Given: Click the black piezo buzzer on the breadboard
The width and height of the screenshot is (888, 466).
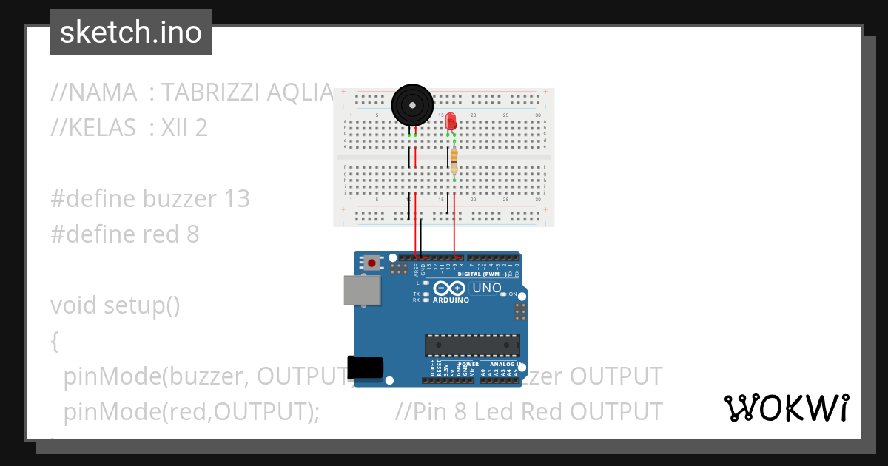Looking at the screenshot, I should pyautogui.click(x=411, y=104).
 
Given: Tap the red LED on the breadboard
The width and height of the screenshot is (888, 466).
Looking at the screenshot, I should pyautogui.click(x=451, y=124).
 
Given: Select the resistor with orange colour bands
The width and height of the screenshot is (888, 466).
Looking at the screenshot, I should pyautogui.click(x=454, y=159).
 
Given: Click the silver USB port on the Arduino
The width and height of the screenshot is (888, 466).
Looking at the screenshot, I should pyautogui.click(x=362, y=291).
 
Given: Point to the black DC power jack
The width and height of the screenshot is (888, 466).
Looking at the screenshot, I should pyautogui.click(x=366, y=368).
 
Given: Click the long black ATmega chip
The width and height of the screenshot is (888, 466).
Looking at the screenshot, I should pyautogui.click(x=472, y=345).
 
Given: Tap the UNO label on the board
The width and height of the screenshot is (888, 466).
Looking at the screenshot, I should pyautogui.click(x=486, y=288).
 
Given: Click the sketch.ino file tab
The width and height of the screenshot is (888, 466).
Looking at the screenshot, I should pyautogui.click(x=131, y=33).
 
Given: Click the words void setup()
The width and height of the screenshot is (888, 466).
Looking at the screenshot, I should pyautogui.click(x=115, y=305).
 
